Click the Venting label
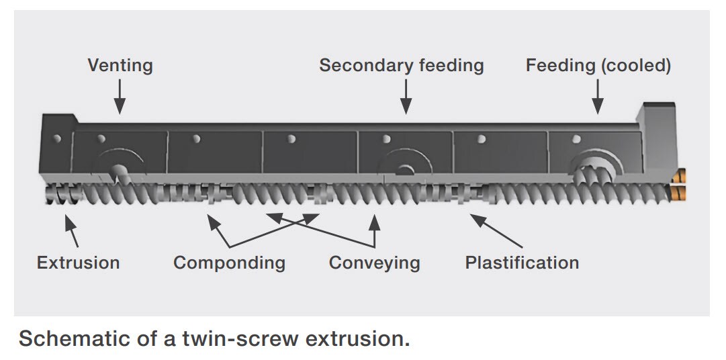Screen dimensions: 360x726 point(120,66)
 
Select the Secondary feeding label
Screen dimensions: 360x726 point(401,66)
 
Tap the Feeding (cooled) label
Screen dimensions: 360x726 point(598,66)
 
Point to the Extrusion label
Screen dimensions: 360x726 point(78,262)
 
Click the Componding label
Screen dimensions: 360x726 point(229,263)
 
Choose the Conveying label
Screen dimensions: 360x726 point(374,263)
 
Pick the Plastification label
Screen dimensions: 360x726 point(522,262)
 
